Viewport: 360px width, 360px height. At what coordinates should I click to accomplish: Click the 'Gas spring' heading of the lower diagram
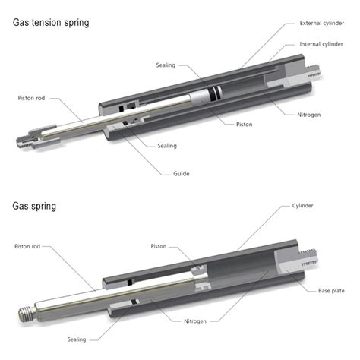click(x=34, y=206)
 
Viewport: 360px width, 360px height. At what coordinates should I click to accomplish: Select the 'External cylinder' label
click(x=322, y=23)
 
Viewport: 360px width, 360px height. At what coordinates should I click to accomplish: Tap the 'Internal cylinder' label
click(x=323, y=44)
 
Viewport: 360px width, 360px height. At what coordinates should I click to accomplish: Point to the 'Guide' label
click(x=181, y=174)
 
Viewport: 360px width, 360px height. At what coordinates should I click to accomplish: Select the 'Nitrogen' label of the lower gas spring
click(x=199, y=321)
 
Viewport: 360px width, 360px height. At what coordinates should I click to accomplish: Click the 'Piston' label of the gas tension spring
click(x=245, y=124)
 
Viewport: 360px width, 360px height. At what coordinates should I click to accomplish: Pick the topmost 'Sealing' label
click(x=167, y=65)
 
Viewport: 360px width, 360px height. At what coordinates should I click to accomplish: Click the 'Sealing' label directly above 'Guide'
click(x=167, y=145)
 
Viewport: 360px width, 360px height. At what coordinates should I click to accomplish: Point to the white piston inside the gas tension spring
click(x=207, y=97)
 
